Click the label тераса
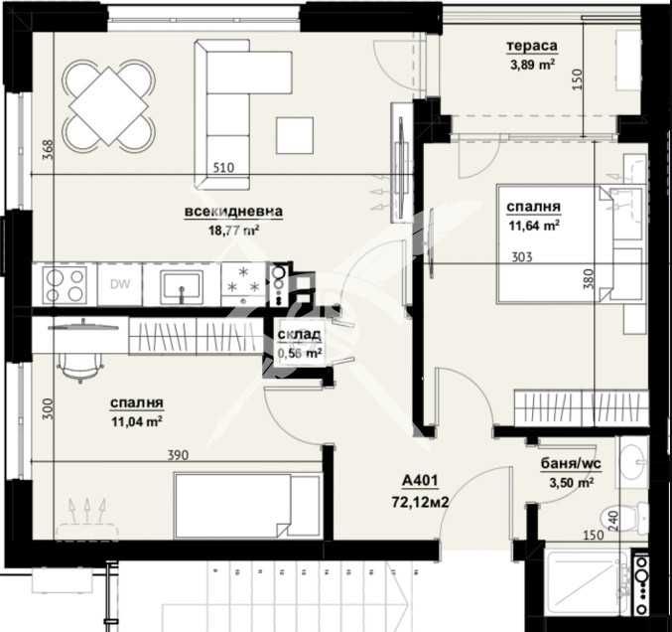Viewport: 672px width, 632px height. (x=531, y=47)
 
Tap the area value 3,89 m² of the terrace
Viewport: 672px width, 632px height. (x=531, y=67)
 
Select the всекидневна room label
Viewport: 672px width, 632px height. (x=233, y=212)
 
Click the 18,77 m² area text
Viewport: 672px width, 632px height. (x=233, y=230)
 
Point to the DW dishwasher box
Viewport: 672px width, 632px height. (x=120, y=285)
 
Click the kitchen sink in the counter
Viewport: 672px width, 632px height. (x=183, y=285)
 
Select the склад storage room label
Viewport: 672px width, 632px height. (x=299, y=336)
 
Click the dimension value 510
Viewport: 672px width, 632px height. (x=223, y=168)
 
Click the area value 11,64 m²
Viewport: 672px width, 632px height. (x=534, y=225)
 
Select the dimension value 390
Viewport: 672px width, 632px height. (x=177, y=454)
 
